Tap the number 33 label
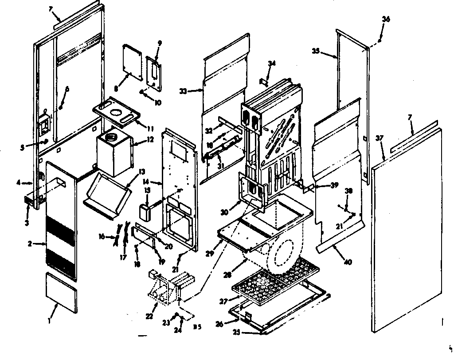click(x=183, y=91)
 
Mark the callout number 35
click(x=316, y=51)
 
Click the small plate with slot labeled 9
click(x=155, y=71)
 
